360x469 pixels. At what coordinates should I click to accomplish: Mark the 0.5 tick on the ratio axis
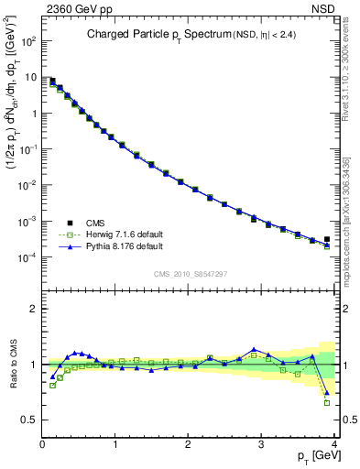29,420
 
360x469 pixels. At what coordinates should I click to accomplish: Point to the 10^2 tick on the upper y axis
29,42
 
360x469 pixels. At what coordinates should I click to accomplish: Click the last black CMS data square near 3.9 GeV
327,239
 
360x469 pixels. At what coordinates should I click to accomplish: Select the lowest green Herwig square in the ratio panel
327,402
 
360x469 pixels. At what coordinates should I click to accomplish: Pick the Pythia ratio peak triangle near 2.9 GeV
254,350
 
